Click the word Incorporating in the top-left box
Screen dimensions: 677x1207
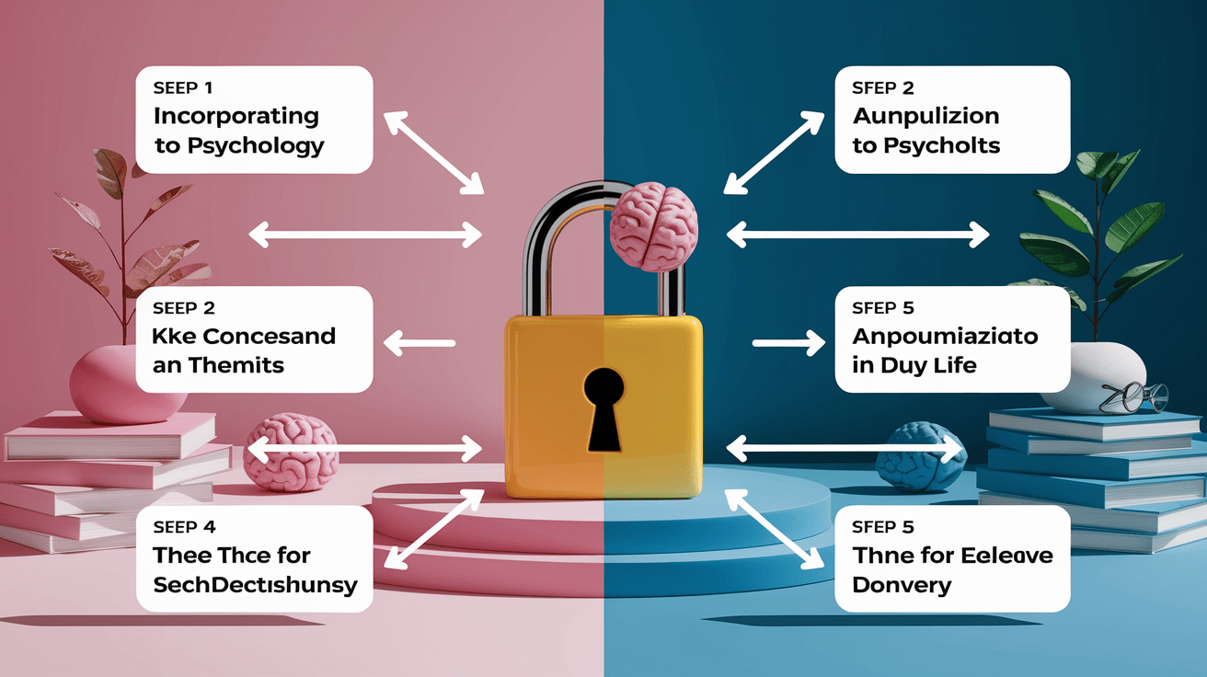point(236,117)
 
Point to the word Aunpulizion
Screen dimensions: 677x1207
point(925,117)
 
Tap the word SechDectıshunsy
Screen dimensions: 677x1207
point(256,585)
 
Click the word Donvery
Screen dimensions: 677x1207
point(902,585)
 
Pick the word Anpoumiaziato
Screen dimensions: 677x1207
point(945,336)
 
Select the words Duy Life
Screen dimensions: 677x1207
point(927,365)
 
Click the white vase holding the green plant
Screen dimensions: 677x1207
point(1084,373)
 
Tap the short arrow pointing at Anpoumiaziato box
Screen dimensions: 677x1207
point(788,344)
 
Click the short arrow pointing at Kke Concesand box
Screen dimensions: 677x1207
point(420,344)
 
